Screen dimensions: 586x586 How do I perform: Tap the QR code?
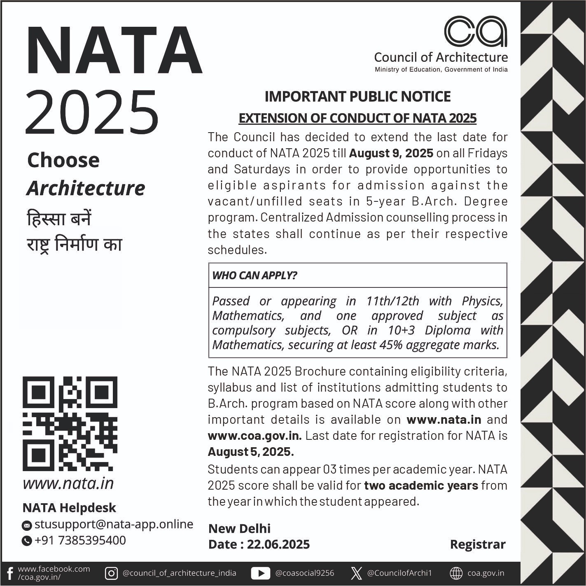pyautogui.click(x=70, y=424)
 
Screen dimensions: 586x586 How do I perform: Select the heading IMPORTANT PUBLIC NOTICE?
pyautogui.click(x=357, y=96)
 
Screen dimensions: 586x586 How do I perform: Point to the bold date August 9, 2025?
pyautogui.click(x=391, y=153)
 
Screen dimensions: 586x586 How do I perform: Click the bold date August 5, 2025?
pyautogui.click(x=250, y=452)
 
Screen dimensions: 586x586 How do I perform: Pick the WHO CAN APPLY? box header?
pyautogui.click(x=254, y=275)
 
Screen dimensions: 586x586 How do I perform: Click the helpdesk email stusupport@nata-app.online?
pyautogui.click(x=114, y=524)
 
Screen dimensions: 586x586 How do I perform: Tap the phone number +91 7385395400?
pyautogui.click(x=80, y=540)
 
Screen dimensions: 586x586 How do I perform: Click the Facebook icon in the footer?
pyautogui.click(x=10, y=573)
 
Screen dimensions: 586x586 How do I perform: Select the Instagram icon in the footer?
pyautogui.click(x=111, y=573)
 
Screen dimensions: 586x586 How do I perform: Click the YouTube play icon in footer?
pyautogui.click(x=260, y=573)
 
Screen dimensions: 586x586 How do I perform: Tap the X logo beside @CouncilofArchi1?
pyautogui.click(x=356, y=573)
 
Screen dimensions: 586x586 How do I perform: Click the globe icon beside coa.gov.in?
pyautogui.click(x=456, y=573)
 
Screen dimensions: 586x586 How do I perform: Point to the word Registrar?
pyautogui.click(x=477, y=544)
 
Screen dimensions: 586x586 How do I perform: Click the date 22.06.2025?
pyautogui.click(x=278, y=544)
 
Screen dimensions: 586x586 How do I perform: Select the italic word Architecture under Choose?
pyautogui.click(x=86, y=188)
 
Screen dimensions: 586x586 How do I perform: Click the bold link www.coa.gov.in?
pyautogui.click(x=254, y=436)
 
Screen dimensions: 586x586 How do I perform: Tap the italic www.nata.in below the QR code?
pyautogui.click(x=68, y=483)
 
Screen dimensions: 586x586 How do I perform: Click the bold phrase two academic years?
pyautogui.click(x=421, y=486)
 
